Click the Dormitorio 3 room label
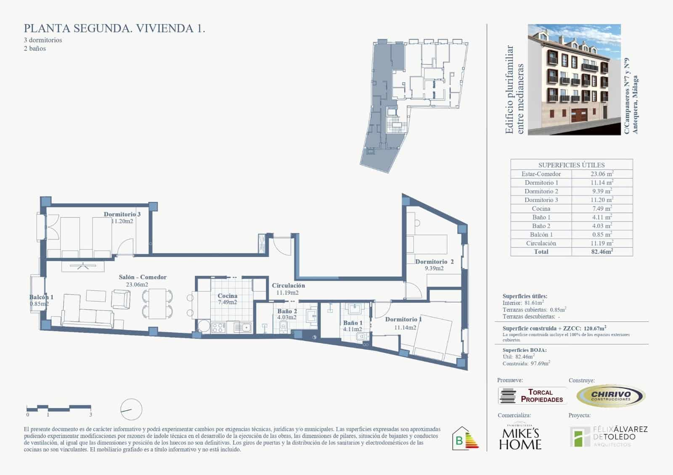click(122, 214)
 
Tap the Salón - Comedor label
click(143, 277)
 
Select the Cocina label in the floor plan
click(227, 296)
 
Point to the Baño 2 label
click(287, 311)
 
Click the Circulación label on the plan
click(288, 285)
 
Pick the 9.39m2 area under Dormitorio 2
click(434, 268)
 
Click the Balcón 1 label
click(41, 297)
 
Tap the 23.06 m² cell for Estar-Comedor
click(601, 174)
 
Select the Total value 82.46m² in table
click(601, 252)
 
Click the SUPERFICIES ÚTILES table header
click(571, 165)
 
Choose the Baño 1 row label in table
click(541, 217)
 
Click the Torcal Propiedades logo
click(532, 396)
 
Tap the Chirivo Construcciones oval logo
click(611, 396)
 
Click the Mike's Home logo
click(520, 437)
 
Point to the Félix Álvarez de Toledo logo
click(608, 436)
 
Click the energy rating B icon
click(465, 439)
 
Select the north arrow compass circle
click(131, 409)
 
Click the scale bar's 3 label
click(91, 414)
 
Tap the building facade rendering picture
click(574, 79)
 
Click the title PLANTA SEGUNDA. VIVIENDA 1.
click(114, 29)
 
